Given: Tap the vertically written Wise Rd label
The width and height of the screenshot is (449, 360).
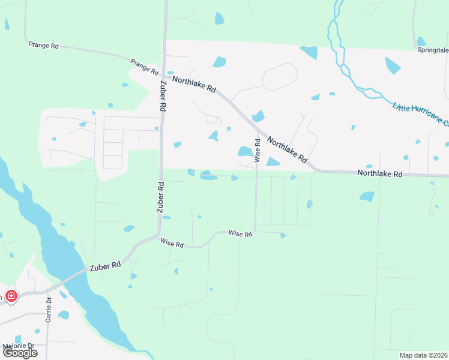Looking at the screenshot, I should click(x=258, y=151).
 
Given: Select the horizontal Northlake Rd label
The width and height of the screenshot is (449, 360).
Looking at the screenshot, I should click(x=379, y=173).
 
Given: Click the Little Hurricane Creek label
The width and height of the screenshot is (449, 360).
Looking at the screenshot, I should click(x=420, y=115).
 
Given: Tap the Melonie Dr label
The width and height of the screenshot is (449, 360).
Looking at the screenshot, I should click(x=18, y=346).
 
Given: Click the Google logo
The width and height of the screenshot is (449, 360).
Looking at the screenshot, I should click(x=19, y=353).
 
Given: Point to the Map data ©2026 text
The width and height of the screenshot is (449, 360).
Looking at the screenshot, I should click(x=423, y=355).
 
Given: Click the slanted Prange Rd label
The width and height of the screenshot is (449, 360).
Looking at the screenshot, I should click(x=145, y=66).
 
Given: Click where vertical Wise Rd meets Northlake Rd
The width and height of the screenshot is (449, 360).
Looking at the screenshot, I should click(x=258, y=131).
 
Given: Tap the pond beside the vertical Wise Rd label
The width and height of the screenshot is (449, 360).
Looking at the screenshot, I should click(x=245, y=151).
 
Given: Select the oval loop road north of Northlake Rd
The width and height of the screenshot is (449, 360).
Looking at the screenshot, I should click(x=280, y=76).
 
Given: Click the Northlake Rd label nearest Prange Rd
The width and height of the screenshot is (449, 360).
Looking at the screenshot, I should click(x=194, y=83).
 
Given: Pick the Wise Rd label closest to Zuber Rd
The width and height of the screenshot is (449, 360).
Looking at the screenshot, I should click(x=172, y=243).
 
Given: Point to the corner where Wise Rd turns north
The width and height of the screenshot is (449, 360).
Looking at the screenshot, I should click(x=255, y=230).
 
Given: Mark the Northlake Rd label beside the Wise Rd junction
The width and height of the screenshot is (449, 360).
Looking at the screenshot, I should click(x=287, y=151).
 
